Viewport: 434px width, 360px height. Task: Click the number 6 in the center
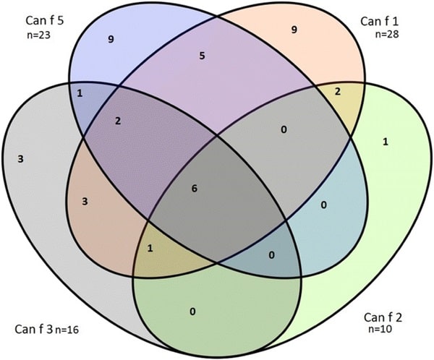pyautogui.click(x=194, y=189)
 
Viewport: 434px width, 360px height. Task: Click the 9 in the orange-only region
pyautogui.click(x=293, y=30)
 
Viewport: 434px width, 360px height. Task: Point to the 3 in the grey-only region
pyautogui.click(x=22, y=157)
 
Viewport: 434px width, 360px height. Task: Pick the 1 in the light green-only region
pyautogui.click(x=384, y=142)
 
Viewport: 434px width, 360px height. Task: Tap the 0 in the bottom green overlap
pyautogui.click(x=192, y=312)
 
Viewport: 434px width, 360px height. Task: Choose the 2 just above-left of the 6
pyautogui.click(x=118, y=120)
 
